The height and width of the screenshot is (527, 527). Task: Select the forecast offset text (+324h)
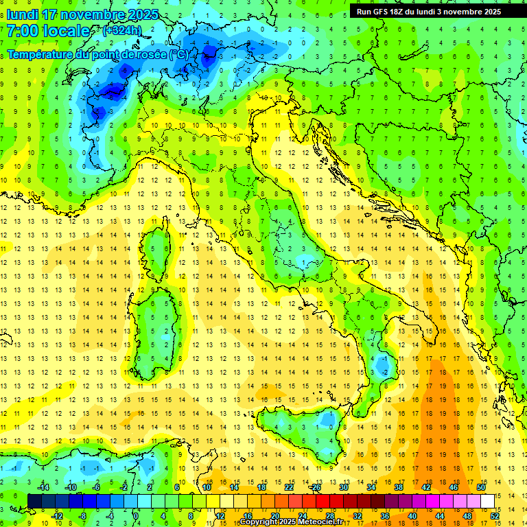[x=122, y=31]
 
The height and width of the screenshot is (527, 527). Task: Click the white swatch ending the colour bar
[x=487, y=501]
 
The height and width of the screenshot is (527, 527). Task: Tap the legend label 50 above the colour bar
[x=481, y=487]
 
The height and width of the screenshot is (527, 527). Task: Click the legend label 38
[x=399, y=487]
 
